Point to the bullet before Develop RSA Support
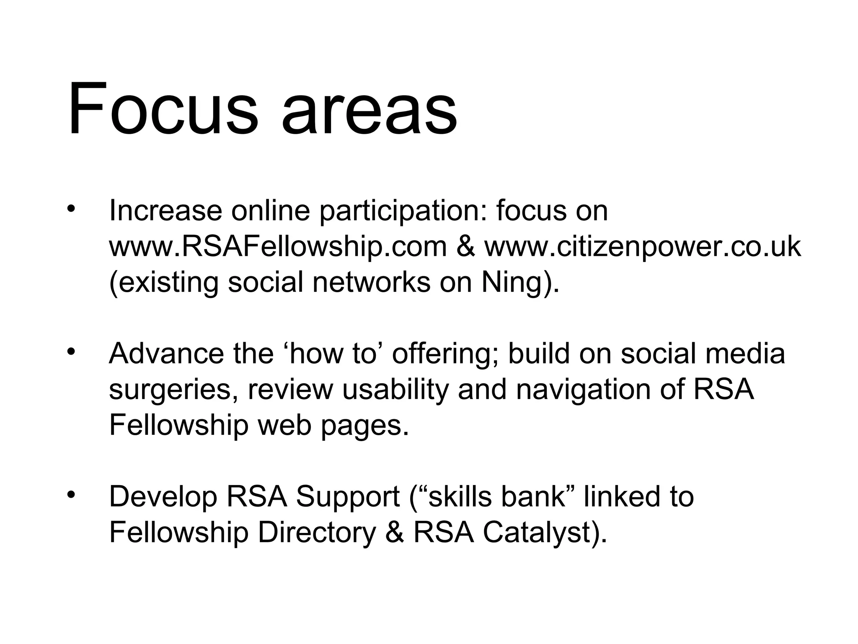tap(70, 495)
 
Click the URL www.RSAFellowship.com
tap(278, 247)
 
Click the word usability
tap(395, 390)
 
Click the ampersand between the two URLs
tap(465, 247)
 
